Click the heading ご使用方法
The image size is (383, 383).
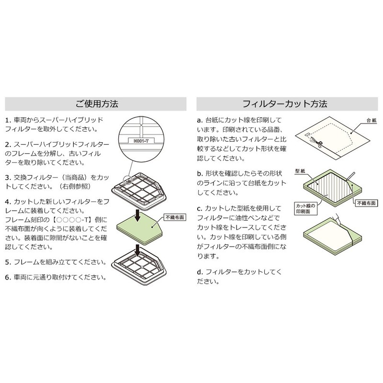pos(96,103)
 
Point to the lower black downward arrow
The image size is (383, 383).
pos(138,249)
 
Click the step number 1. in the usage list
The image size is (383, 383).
pos(9,120)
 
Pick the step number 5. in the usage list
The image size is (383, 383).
pos(9,262)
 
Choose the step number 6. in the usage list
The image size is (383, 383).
pos(9,277)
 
